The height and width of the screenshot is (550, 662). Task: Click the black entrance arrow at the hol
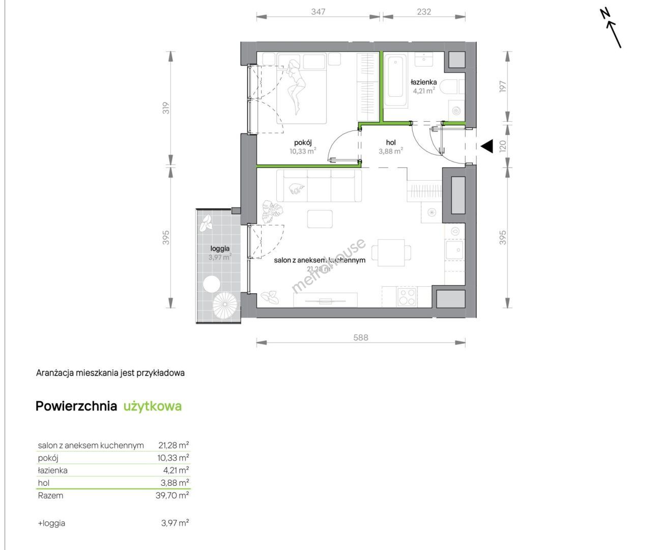tap(487, 146)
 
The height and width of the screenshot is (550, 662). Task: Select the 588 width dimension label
tap(361, 337)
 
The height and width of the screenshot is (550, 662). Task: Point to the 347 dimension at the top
tap(318, 12)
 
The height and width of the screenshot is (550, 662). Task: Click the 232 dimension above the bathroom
tap(424, 12)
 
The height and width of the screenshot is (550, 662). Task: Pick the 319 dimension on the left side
tap(166, 108)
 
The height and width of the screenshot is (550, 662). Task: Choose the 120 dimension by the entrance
tap(503, 146)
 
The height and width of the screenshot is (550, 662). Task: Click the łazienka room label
tap(423, 82)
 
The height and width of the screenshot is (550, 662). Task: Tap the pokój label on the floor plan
tap(303, 143)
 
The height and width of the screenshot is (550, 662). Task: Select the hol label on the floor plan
tap(391, 143)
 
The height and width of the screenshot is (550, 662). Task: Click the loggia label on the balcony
tap(220, 249)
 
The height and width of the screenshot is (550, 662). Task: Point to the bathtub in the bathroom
tap(395, 81)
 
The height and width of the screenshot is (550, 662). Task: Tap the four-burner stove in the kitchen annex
tap(407, 296)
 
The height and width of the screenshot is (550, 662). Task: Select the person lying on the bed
tap(297, 87)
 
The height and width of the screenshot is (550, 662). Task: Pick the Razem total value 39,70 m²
tap(172, 495)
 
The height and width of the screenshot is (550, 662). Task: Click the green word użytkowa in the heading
tap(153, 406)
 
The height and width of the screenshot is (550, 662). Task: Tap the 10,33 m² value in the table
tap(173, 458)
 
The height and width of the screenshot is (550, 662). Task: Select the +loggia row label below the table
tap(51, 524)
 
